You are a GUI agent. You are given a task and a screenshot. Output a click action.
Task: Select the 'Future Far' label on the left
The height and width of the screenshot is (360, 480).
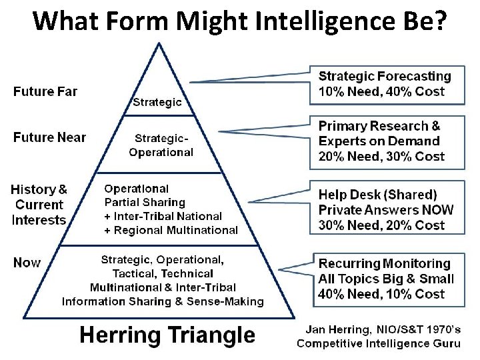pos(45,92)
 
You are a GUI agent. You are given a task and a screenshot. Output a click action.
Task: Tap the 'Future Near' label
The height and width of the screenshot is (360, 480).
pos(50,137)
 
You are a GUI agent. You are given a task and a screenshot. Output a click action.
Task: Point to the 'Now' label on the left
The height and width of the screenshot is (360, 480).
pos(27,263)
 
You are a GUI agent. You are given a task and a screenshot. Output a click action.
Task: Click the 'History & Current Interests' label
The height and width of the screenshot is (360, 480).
pos(39,205)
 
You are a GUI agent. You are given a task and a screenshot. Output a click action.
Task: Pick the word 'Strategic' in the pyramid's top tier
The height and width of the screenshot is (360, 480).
pos(157,102)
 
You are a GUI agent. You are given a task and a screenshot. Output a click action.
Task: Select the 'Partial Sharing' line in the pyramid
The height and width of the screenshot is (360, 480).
pos(145,202)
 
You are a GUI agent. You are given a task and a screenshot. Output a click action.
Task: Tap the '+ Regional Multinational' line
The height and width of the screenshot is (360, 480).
pos(171,230)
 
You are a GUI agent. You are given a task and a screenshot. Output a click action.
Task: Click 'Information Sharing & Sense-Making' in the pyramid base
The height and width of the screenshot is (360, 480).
pos(163,301)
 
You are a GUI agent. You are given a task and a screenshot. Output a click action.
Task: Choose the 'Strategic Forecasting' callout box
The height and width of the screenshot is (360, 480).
pos(387,84)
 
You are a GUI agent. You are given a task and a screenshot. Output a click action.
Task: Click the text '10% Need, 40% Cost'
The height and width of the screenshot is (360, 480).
pos(381,92)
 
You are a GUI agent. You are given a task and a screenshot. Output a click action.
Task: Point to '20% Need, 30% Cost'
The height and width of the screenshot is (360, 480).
pos(381,157)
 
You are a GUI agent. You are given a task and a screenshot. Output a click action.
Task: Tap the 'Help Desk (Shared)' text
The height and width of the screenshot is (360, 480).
pos(377,195)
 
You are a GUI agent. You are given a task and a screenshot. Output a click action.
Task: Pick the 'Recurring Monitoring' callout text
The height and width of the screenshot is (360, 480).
pos(385,264)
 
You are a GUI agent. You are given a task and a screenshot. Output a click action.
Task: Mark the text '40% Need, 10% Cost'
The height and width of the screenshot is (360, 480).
pos(381,294)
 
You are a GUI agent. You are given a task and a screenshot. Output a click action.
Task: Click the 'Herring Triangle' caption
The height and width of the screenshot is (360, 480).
pos(167,335)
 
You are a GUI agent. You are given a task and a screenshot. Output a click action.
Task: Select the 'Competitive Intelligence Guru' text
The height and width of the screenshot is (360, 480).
pos(379,343)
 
